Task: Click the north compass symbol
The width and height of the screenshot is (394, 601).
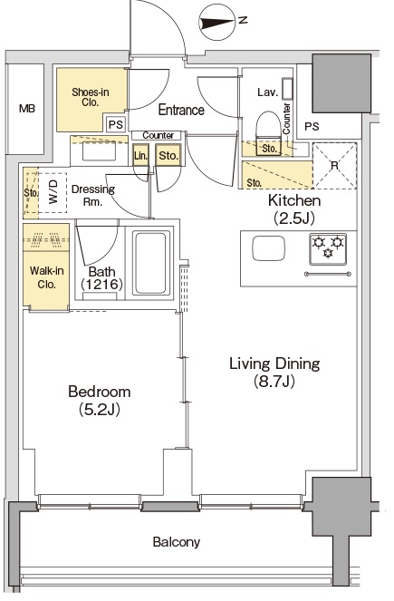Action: [217, 24]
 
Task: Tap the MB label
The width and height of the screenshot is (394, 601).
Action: [27, 109]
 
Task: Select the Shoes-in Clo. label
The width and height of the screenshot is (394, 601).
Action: [91, 97]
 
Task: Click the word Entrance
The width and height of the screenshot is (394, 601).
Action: [181, 110]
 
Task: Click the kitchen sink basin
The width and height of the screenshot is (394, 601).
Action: [268, 248]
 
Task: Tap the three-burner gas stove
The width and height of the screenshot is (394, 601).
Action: [328, 249]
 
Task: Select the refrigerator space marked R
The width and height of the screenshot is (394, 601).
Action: [335, 166]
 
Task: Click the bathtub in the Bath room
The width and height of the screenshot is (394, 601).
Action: [150, 263]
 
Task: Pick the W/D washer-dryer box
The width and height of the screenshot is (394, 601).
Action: [53, 193]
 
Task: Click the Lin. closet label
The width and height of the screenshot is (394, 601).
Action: [140, 156]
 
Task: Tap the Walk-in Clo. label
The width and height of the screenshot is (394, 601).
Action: [47, 277]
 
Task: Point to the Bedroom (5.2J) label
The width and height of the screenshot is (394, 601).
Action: [100, 401]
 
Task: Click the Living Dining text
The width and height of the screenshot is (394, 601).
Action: [274, 364]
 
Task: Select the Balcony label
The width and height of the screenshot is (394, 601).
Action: [176, 542]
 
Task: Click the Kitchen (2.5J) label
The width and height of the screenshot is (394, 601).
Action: [294, 208]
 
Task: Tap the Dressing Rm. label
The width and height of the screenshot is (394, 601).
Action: [93, 196]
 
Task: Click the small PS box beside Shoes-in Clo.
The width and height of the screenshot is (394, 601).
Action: [116, 124]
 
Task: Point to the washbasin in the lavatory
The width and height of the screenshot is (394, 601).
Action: [287, 90]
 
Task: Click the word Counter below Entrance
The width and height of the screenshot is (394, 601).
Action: [159, 135]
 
